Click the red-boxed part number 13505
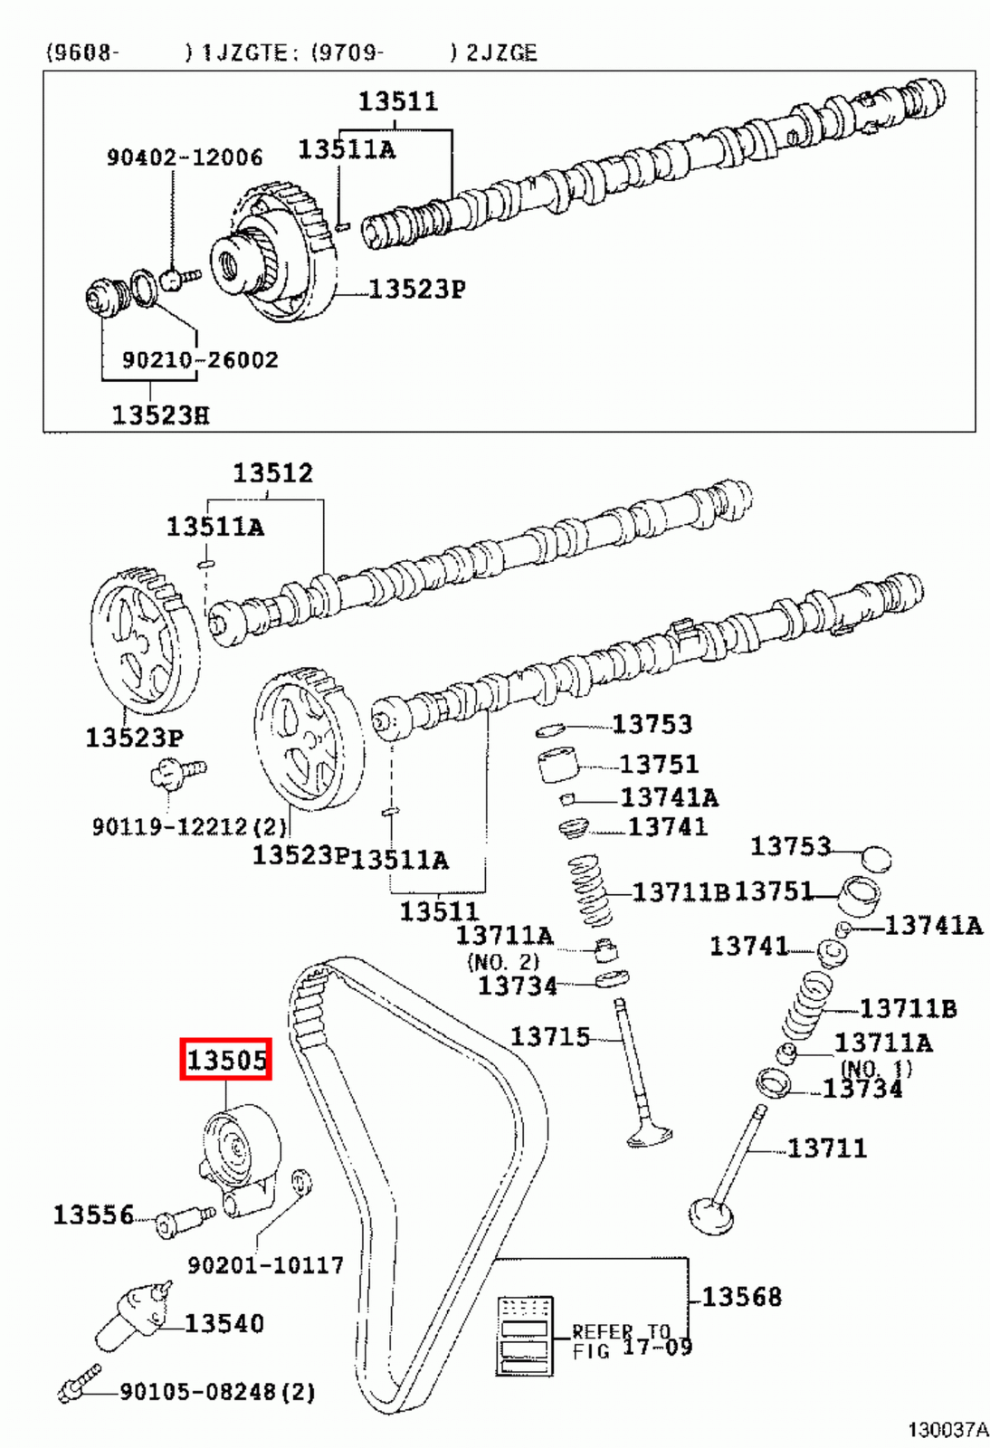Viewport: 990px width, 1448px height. coord(226,1060)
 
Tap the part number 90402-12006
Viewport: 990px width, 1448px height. coord(185,157)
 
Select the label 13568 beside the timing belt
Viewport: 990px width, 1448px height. coord(741,1297)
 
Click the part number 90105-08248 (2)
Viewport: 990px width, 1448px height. coord(217,1391)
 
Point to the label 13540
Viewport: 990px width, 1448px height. coord(224,1324)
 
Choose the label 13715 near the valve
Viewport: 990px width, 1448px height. coord(549,1037)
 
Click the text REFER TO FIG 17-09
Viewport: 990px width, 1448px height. coord(632,1340)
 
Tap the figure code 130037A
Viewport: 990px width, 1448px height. coord(947,1430)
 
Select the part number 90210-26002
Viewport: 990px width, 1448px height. coord(200,360)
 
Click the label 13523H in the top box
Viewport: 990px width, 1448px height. coord(160,415)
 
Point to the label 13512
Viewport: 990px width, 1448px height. coord(272,473)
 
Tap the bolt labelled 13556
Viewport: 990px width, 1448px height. coord(181,1222)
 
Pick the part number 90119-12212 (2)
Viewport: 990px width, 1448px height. coord(189,826)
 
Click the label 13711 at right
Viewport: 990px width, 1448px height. coord(826,1148)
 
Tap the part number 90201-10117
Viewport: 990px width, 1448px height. coord(265,1265)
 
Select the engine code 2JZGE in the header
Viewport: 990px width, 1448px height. coord(501,52)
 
